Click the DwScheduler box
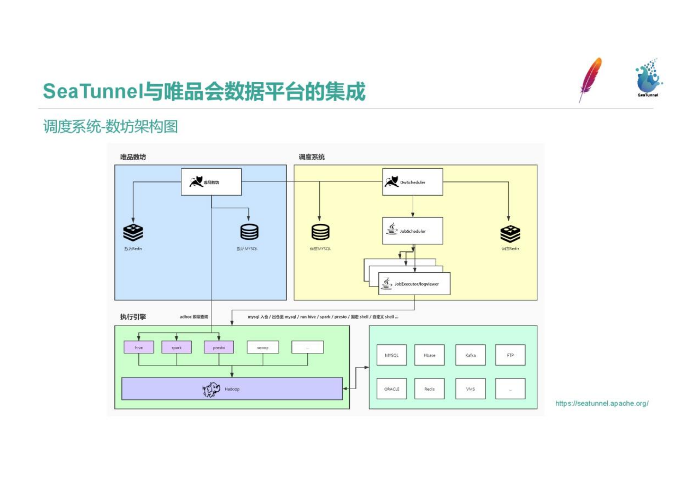(412, 182)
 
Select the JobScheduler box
(412, 231)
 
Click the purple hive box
(139, 347)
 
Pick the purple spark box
(176, 347)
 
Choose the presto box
(219, 347)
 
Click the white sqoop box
(263, 347)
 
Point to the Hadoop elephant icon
(211, 389)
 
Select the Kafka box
(470, 355)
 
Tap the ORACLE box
(392, 389)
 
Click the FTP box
(510, 355)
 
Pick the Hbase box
(429, 355)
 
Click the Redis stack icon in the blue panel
(133, 233)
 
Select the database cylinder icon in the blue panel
(249, 232)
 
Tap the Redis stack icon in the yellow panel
(510, 234)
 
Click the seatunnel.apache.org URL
(602, 403)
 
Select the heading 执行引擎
(133, 317)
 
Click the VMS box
(470, 389)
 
